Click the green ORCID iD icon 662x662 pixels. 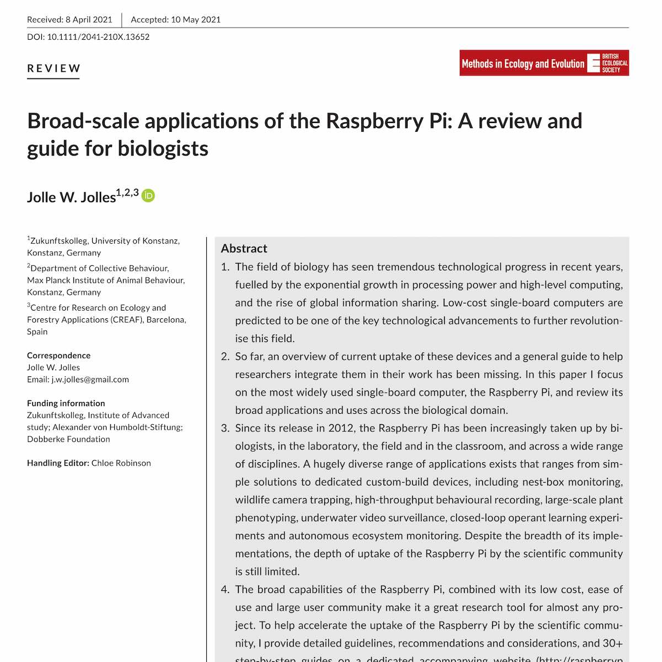tap(148, 196)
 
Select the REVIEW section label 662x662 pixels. tap(54, 68)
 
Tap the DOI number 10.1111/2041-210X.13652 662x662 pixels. tap(98, 37)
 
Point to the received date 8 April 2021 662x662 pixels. tap(89, 20)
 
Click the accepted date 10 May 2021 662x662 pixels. tap(196, 20)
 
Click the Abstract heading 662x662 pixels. tap(244, 248)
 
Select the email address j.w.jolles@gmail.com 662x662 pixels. tap(90, 380)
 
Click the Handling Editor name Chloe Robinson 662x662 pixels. tap(121, 463)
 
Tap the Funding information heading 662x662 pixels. tap(66, 403)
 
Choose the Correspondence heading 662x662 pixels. tap(58, 356)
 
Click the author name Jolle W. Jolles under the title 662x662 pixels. tap(71, 197)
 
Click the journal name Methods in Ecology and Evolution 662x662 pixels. tap(522, 63)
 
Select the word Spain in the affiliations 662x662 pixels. tap(38, 332)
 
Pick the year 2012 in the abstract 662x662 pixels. tap(341, 428)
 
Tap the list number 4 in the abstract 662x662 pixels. tap(225, 589)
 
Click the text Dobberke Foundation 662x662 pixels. tap(68, 439)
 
